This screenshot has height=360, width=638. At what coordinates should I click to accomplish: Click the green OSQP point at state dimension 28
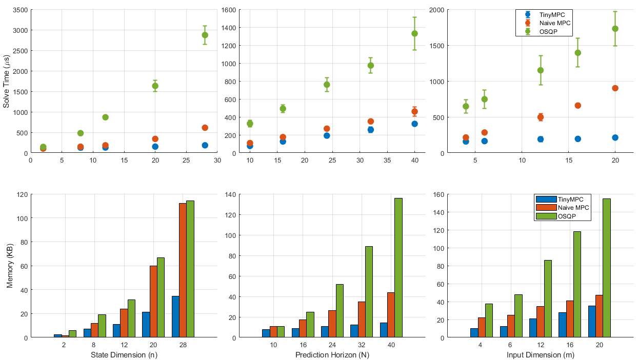pos(205,35)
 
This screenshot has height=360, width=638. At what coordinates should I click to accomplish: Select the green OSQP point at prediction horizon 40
pos(414,33)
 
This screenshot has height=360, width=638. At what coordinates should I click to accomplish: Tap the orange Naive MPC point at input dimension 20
pos(615,88)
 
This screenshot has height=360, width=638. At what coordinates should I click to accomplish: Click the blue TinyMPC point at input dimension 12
pos(540,139)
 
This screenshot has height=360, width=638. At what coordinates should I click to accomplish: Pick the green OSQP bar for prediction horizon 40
pos(398,268)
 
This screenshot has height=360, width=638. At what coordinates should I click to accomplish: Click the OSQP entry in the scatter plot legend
pos(549,32)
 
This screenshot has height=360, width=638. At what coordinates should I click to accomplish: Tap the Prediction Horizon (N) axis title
pos(332,355)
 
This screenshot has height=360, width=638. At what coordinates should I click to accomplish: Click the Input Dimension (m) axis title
pos(540,355)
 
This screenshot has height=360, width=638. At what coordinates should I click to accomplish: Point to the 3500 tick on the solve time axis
pos(18,10)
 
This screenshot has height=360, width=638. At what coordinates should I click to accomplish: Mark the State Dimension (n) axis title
pos(123,355)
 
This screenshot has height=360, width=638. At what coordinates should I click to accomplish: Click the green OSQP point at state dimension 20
pos(155,86)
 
